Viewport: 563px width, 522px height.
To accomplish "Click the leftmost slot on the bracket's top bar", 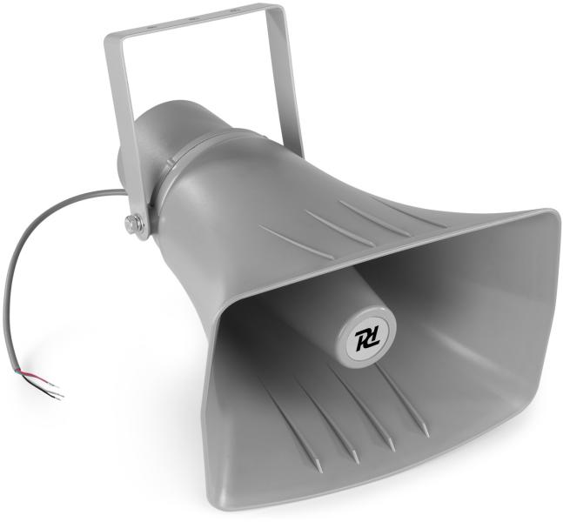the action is pos(150,27).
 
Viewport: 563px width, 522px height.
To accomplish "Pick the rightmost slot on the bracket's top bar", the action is pos(233,11).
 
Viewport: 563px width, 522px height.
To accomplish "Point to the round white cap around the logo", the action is pos(366,337).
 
